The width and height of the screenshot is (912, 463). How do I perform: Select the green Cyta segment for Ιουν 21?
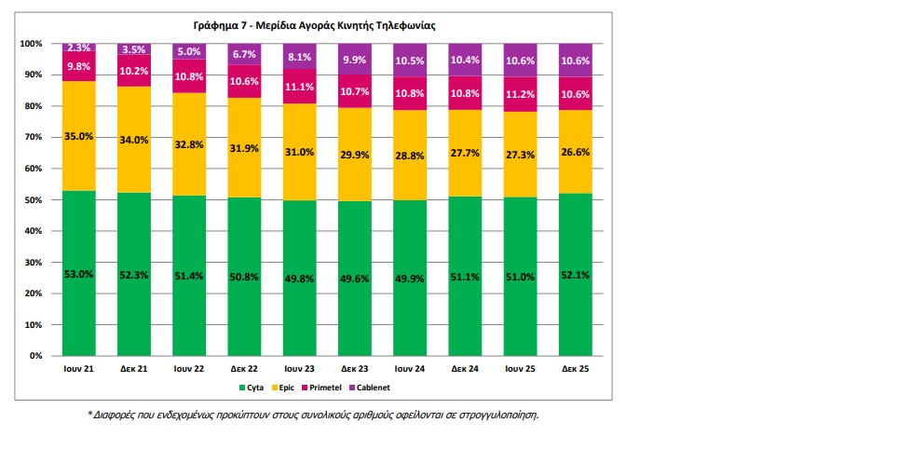click(x=79, y=273)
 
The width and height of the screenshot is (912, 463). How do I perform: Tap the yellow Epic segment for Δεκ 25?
click(x=575, y=151)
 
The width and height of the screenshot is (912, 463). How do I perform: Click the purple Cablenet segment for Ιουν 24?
click(x=410, y=60)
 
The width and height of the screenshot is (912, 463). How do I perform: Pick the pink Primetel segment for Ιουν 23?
click(x=300, y=87)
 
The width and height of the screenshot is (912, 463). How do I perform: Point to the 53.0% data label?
click(x=78, y=274)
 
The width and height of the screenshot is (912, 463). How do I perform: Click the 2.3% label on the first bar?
click(x=78, y=48)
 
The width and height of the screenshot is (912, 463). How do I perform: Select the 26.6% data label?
click(x=575, y=153)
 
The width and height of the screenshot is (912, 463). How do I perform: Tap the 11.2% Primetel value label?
click(x=520, y=94)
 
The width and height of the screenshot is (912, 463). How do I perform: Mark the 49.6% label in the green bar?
click(x=354, y=279)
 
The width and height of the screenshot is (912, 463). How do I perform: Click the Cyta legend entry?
click(x=252, y=388)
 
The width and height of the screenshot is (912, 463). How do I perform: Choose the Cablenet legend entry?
click(x=369, y=388)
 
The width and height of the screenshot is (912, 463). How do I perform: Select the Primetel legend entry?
click(x=321, y=388)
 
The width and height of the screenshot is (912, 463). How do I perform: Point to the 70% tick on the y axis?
click(x=32, y=137)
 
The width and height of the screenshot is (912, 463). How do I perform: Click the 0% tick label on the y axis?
click(x=35, y=356)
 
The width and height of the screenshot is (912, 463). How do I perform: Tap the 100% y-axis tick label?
click(x=31, y=44)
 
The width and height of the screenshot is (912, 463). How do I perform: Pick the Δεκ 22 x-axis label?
click(x=244, y=369)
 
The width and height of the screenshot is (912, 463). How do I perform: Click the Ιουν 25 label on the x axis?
click(x=520, y=369)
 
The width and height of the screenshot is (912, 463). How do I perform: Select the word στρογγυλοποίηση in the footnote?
click(x=498, y=415)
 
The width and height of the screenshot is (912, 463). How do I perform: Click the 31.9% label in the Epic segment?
click(x=244, y=149)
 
